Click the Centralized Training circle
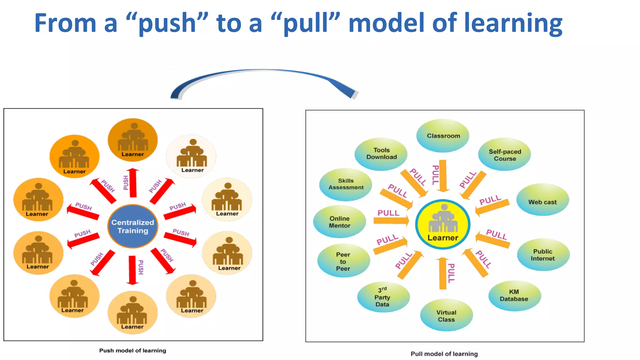[x=132, y=226]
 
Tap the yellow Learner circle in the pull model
[x=443, y=224]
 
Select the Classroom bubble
[x=443, y=136]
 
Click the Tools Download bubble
[x=381, y=154]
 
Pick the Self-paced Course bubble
[x=505, y=155]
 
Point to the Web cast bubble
[x=542, y=200]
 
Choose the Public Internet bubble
[x=543, y=255]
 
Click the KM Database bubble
[x=514, y=295]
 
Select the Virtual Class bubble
[x=446, y=316]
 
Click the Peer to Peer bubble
[x=343, y=261]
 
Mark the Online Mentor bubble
[x=340, y=222]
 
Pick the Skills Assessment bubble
[x=346, y=184]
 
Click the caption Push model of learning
[x=132, y=351]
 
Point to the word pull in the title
[x=305, y=23]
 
